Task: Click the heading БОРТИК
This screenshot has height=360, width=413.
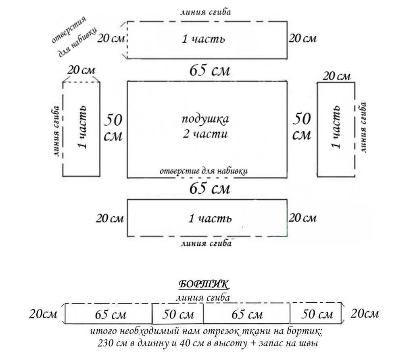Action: coord(204,285)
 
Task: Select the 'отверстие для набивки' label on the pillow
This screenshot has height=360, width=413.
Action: coord(203,170)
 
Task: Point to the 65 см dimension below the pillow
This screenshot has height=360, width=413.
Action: coord(210,188)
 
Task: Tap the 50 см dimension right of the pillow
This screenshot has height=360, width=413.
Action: coord(301,126)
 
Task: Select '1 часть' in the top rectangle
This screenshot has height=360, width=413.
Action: coord(203,39)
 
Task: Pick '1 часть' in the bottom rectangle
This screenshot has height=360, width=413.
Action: coord(210,218)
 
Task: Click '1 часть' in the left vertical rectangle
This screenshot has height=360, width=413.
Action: coord(82,128)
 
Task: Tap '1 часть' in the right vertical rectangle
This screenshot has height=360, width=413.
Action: coord(336,128)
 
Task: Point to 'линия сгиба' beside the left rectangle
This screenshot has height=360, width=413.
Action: coord(56,131)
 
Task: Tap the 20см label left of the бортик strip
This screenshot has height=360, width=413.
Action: coord(43,314)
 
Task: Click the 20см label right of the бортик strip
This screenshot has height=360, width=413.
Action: coord(365,314)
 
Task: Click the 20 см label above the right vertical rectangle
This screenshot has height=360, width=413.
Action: coord(337,76)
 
